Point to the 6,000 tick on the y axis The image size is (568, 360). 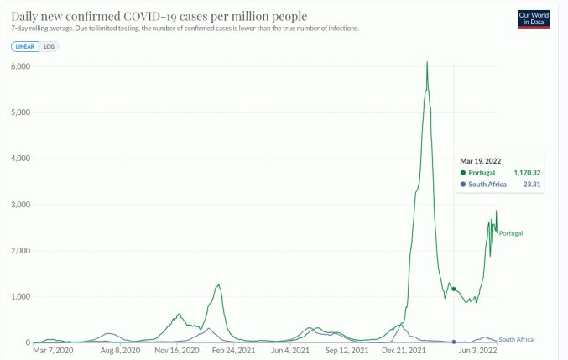point(20,66)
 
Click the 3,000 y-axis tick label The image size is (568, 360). point(20,205)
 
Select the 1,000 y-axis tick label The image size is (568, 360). point(20,297)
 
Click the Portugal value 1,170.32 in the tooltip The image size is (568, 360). point(524,172)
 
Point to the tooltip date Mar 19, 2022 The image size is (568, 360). point(482,159)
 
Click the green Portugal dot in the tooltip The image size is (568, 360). point(463,172)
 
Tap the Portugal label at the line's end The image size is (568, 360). point(511,233)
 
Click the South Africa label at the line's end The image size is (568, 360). point(516,339)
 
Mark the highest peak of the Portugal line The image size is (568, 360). point(427,62)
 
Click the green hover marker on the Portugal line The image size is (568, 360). point(454,289)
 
